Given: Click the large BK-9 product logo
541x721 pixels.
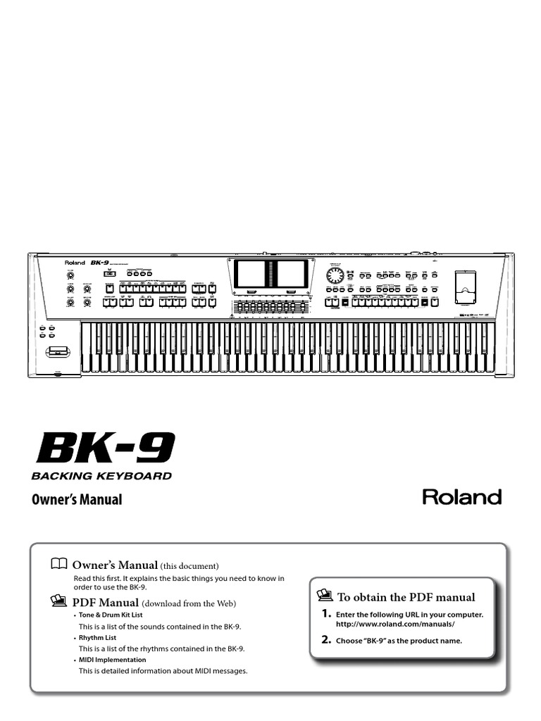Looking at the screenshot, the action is [104, 448].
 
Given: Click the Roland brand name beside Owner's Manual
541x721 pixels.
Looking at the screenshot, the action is [461, 497].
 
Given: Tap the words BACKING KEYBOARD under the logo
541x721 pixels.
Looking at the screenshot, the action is [101, 476].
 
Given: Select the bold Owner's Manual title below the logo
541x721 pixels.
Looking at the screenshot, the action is [77, 500].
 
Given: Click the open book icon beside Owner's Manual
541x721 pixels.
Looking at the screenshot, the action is [59, 563].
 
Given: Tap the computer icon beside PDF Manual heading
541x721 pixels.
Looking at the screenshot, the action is [59, 601].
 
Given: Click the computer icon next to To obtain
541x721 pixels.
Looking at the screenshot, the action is [325, 596].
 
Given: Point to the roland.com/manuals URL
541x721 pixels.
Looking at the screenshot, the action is [395, 625].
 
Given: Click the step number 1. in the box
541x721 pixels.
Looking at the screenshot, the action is [326, 614].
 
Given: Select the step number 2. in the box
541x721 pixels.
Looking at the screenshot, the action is [326, 640].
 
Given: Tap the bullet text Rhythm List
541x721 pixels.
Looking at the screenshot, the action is [97, 638].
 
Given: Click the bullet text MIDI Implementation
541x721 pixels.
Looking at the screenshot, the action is [112, 660].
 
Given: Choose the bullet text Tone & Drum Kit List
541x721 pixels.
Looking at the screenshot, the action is [110, 615].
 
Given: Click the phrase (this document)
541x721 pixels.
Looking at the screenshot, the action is [189, 566].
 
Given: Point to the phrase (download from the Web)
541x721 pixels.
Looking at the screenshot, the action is [189, 603].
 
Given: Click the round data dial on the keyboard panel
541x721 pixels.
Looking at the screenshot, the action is [335, 275].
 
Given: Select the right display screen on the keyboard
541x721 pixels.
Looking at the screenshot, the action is [291, 273].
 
